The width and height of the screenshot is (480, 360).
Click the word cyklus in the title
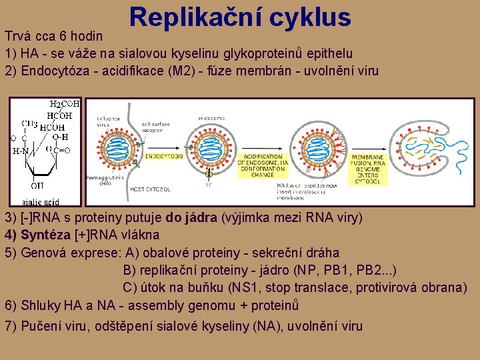point(312,17)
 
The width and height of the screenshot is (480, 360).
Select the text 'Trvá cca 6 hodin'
point(54,36)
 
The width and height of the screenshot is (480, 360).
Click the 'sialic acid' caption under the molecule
point(39,201)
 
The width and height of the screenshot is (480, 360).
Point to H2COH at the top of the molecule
point(65,105)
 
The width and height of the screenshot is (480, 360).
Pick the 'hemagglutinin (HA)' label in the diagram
point(99,181)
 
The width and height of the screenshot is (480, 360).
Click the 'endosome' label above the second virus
point(211,119)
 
